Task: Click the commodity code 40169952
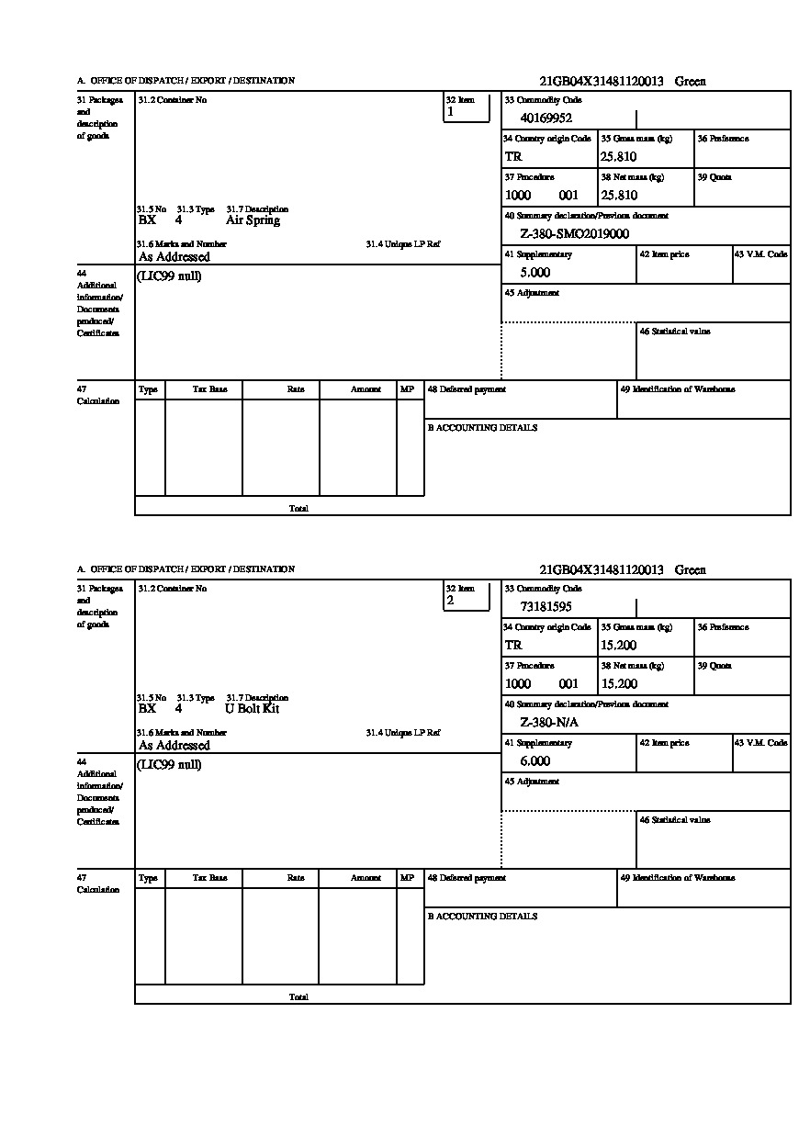(546, 118)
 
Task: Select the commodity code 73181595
(546, 606)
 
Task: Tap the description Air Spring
(253, 220)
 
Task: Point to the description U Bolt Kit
(252, 709)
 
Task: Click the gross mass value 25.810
(618, 156)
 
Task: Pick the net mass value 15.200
(618, 683)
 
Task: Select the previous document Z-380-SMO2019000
(574, 233)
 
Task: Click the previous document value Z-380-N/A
(549, 722)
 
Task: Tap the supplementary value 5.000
(534, 273)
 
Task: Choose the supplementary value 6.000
(534, 761)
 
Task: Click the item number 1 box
(467, 107)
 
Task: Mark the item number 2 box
(467, 596)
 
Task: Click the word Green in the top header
(691, 82)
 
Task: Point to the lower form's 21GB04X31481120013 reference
(602, 570)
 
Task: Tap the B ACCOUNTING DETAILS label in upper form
(482, 428)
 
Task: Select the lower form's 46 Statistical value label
(675, 820)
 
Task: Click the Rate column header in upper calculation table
(295, 389)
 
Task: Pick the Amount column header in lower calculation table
(366, 878)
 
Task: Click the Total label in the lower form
(298, 996)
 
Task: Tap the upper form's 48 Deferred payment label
(467, 389)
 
